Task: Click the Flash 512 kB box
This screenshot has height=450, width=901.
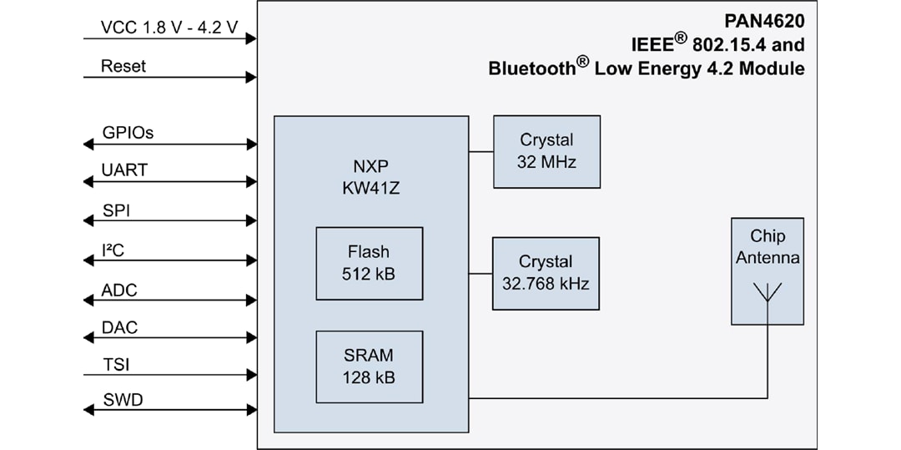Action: point(369,263)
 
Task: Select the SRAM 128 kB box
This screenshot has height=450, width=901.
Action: point(369,367)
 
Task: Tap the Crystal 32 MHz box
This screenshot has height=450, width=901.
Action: point(546,151)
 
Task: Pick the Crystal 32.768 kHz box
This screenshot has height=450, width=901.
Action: point(546,273)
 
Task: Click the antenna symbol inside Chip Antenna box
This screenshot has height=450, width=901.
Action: point(768,293)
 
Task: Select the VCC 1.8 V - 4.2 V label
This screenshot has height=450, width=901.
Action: point(169,27)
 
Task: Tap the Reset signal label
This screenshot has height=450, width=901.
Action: point(123,65)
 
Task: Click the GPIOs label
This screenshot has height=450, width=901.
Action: point(128,132)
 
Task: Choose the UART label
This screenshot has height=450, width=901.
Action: point(124,170)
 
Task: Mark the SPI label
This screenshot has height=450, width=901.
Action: point(116,210)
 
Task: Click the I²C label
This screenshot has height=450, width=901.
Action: point(113,250)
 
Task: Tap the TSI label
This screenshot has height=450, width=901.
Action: point(115,365)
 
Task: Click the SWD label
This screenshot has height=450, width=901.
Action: point(122,400)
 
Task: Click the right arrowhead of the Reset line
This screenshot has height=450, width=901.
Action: point(251,78)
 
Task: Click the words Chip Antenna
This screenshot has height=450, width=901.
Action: point(768,247)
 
